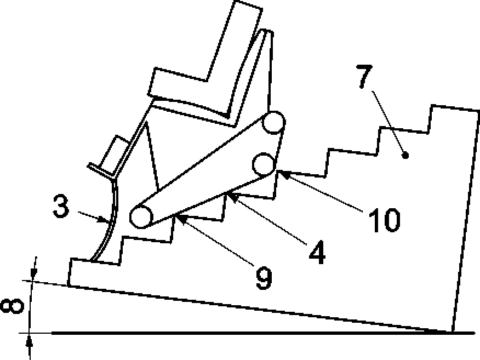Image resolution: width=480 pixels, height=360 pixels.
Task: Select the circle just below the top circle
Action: coord(264,163)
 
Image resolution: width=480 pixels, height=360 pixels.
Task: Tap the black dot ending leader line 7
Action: coord(405,156)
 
